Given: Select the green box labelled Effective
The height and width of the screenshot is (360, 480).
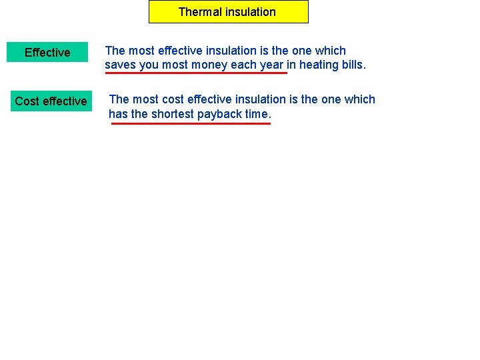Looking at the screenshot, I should pyautogui.click(x=47, y=53).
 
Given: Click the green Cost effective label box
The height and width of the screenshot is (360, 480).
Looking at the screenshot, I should pyautogui.click(x=51, y=101).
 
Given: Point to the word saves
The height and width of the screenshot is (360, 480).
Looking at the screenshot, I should pyautogui.click(x=120, y=65).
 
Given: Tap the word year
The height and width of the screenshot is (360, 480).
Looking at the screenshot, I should pyautogui.click(x=271, y=65).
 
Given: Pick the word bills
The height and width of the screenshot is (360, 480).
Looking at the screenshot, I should pyautogui.click(x=353, y=65).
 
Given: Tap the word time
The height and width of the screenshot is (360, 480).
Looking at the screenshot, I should pyautogui.click(x=259, y=114).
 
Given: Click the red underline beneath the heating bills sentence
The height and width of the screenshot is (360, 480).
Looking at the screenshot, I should pyautogui.click(x=196, y=73).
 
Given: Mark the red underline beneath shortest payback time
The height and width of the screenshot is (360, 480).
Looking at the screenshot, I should pyautogui.click(x=191, y=123).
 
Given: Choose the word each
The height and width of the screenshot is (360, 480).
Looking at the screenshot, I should pyautogui.click(x=243, y=65).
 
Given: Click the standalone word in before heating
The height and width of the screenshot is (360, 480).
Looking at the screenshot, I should pyautogui.click(x=291, y=65).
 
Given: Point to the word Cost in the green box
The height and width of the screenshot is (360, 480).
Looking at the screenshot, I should pyautogui.click(x=27, y=101).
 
